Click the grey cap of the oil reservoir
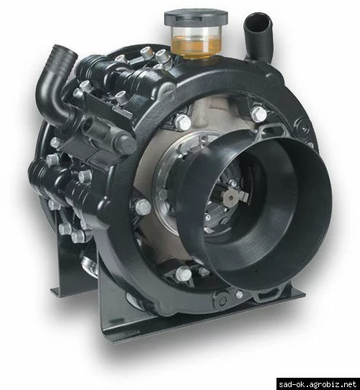click(196, 17)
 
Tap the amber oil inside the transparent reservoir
click(196, 46)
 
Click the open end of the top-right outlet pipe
click(258, 23)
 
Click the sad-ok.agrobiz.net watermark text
click(318, 384)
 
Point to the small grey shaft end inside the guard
click(233, 197)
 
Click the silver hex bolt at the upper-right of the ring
click(259, 114)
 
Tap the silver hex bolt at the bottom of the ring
click(184, 273)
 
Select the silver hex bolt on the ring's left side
click(143, 207)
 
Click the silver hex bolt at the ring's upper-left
click(183, 122)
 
